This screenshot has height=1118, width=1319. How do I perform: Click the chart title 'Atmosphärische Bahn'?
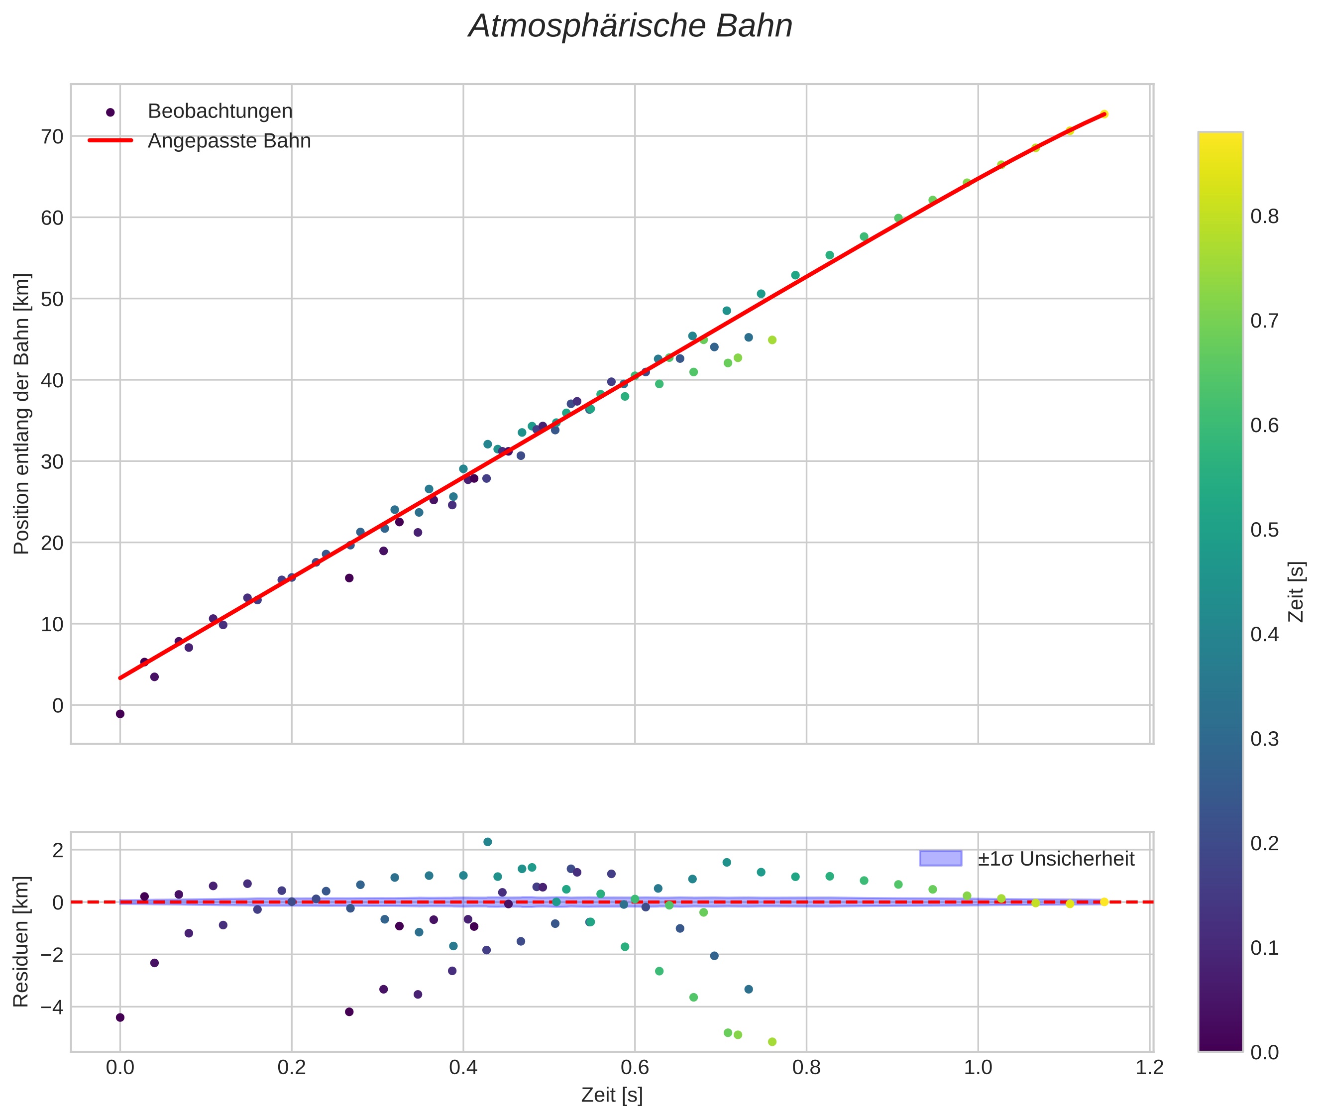tap(630, 26)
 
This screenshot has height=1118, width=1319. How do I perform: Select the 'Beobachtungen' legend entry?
tap(220, 112)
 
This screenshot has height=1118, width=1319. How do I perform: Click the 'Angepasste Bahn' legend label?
tap(229, 141)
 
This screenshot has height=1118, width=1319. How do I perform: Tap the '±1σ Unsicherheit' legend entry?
tap(1055, 859)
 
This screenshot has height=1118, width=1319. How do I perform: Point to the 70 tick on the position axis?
tap(53, 136)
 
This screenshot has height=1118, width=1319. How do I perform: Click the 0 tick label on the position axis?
tap(58, 705)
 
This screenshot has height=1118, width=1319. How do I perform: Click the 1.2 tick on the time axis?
tap(1150, 1068)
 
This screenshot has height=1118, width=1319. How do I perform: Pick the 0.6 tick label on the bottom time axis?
tap(635, 1068)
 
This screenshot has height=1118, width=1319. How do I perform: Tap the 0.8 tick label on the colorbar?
tap(1264, 217)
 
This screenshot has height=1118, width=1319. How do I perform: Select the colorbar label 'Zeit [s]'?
tap(1297, 592)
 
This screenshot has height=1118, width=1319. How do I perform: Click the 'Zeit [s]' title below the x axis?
tap(612, 1095)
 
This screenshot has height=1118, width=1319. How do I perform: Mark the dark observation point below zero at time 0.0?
tap(120, 714)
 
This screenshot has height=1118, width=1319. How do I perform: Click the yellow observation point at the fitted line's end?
tap(1103, 114)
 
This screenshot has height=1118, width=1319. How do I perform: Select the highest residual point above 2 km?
tap(487, 842)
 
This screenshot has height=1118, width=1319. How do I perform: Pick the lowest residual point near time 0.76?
tap(772, 1041)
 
